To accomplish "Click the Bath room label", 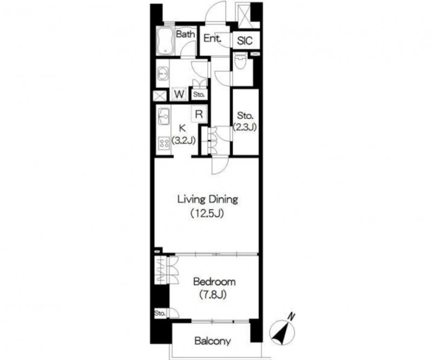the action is pyautogui.click(x=185, y=34).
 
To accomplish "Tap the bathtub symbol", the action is pyautogui.click(x=166, y=41).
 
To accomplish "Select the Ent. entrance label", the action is pyautogui.click(x=213, y=38).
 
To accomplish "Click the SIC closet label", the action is pyautogui.click(x=245, y=41).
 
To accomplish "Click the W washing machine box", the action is pyautogui.click(x=179, y=94).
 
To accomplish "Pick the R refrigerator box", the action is pyautogui.click(x=199, y=114).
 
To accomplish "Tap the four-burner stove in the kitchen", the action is pyautogui.click(x=164, y=143).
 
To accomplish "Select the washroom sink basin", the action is pyautogui.click(x=162, y=74).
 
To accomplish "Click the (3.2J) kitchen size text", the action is pyautogui.click(x=183, y=140).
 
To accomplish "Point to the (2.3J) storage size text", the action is pyautogui.click(x=245, y=127).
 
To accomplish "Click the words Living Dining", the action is pyautogui.click(x=207, y=199).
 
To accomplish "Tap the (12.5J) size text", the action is pyautogui.click(x=207, y=214).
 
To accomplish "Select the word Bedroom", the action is pyautogui.click(x=214, y=282).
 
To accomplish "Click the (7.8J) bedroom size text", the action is pyautogui.click(x=213, y=295).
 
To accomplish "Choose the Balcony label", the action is pyautogui.click(x=212, y=341).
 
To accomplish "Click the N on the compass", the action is pyautogui.click(x=291, y=316).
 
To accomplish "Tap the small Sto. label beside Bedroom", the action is pyautogui.click(x=160, y=313).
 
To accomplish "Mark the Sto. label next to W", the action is pyautogui.click(x=199, y=95).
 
